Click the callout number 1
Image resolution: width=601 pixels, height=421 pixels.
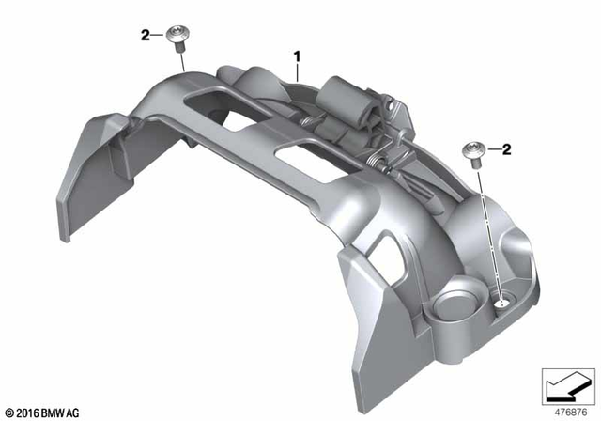click(298, 55)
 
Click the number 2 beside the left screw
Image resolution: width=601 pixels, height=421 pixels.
click(146, 36)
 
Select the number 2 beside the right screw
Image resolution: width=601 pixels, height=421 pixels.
click(506, 148)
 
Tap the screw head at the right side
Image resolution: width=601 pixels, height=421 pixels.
click(475, 150)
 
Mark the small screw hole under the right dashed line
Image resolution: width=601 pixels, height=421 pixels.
click(501, 302)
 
